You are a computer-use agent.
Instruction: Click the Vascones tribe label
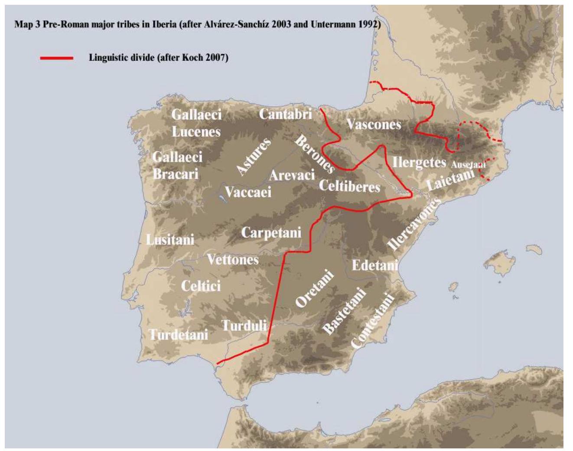(374, 125)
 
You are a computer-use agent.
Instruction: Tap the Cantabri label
(285, 114)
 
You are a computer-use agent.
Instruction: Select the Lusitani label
(170, 240)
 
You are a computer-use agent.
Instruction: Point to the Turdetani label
(179, 335)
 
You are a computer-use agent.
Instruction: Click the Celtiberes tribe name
(349, 186)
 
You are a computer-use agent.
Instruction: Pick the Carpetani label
(271, 233)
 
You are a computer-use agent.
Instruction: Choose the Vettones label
(233, 260)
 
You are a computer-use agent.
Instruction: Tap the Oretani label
(315, 289)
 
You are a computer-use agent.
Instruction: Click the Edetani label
(375, 265)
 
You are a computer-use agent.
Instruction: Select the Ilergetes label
(419, 163)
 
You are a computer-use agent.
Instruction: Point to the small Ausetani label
(468, 165)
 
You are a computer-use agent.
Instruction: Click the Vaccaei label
(248, 192)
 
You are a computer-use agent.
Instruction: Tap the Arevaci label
(292, 175)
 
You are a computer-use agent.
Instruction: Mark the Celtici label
(201, 286)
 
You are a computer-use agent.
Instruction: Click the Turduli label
(244, 325)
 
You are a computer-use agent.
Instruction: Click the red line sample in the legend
(57, 58)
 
